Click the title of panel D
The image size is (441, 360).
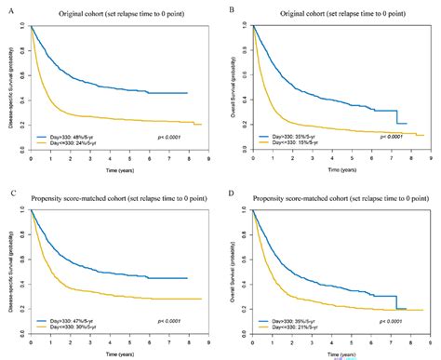point(337,193)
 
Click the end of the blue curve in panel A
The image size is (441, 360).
point(187,93)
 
